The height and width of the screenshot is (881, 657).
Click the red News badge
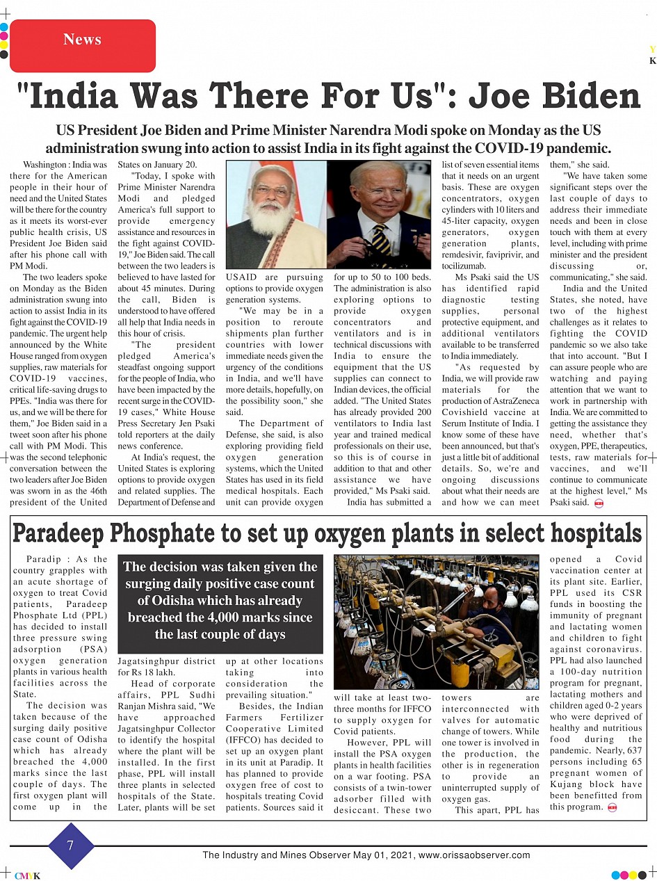[x=82, y=40]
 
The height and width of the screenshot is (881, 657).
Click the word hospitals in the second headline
[x=596, y=534]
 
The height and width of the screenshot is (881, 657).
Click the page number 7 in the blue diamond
[x=70, y=846]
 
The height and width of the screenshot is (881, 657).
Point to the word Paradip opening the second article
[x=44, y=559]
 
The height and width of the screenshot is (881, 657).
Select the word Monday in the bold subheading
[x=479, y=131]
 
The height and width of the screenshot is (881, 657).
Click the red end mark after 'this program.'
[x=613, y=807]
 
